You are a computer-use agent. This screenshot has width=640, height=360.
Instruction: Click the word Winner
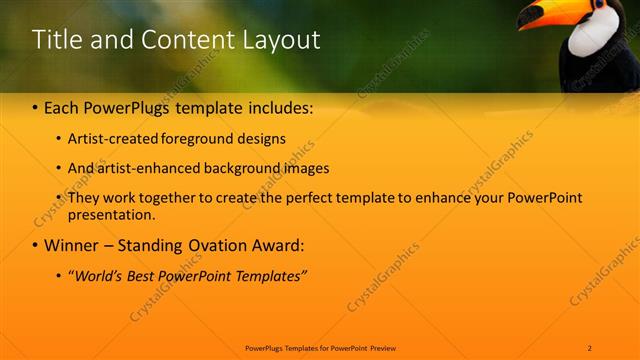(71, 245)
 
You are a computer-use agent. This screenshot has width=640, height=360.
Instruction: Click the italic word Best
(145, 275)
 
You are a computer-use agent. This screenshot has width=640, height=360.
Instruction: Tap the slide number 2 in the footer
(590, 347)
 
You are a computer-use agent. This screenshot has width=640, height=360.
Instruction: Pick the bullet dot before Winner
(35, 246)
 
